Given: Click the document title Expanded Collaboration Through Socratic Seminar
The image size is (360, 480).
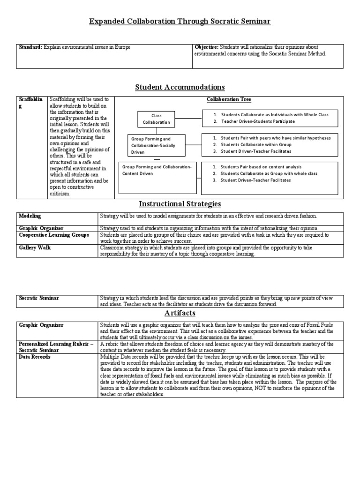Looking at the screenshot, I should click(x=180, y=22).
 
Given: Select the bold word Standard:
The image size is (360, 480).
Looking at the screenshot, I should click(x=30, y=47).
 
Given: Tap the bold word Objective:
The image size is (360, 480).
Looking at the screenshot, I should click(x=206, y=47).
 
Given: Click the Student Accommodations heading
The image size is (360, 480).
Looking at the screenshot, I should click(x=180, y=87).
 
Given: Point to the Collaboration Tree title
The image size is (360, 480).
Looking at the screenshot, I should click(x=229, y=100).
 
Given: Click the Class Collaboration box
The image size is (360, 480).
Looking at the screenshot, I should click(x=156, y=119).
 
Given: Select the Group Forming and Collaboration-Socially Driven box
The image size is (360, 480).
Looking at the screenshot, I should click(x=157, y=146).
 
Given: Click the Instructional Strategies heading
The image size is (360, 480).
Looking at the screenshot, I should click(x=180, y=204).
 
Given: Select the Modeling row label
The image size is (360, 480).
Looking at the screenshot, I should click(x=30, y=216).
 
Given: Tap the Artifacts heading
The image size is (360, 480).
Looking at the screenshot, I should click(x=180, y=313).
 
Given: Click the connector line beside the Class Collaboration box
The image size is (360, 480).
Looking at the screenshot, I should click(x=188, y=119).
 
